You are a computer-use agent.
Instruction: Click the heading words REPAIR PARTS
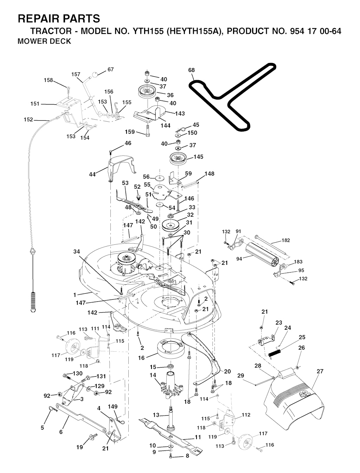click(x=59, y=18)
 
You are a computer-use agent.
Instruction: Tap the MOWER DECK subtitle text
click(x=44, y=41)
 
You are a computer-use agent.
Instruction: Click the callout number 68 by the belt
click(x=191, y=70)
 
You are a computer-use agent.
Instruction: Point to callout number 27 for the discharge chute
click(x=320, y=371)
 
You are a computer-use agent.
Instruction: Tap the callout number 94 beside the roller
click(x=239, y=258)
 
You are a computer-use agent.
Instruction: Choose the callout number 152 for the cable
click(x=28, y=120)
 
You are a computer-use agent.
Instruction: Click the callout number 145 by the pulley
click(x=199, y=157)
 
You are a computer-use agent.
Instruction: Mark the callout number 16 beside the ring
click(x=141, y=358)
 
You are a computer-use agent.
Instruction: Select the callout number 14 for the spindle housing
click(x=153, y=375)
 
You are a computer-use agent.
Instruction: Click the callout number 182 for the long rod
click(x=286, y=240)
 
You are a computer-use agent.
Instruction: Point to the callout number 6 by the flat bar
click(x=61, y=432)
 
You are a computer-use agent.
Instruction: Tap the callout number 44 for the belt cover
click(x=92, y=174)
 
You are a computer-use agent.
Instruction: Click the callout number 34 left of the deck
click(x=77, y=251)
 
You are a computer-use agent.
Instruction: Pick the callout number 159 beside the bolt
click(x=130, y=132)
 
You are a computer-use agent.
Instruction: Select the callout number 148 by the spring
click(x=209, y=174)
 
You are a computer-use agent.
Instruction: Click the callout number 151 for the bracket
click(x=35, y=104)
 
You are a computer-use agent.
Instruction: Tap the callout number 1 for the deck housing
click(x=75, y=294)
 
